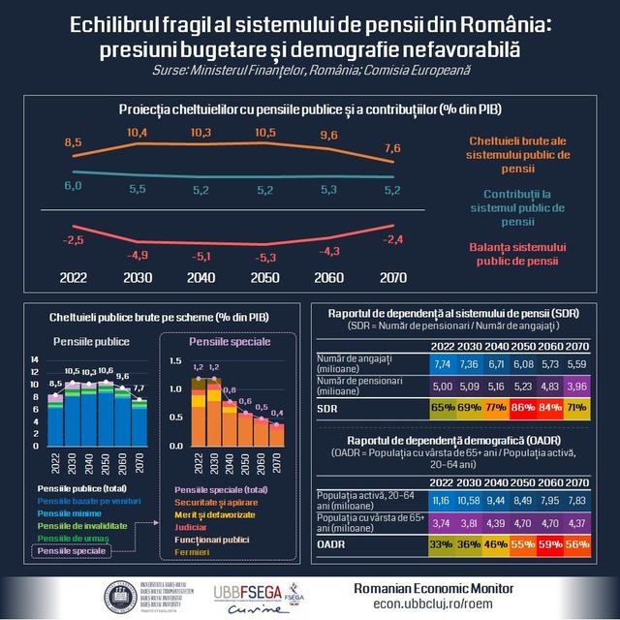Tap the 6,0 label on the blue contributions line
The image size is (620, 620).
click(73, 185)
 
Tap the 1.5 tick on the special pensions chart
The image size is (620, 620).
click(174, 360)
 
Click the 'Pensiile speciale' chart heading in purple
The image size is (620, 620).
click(229, 342)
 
